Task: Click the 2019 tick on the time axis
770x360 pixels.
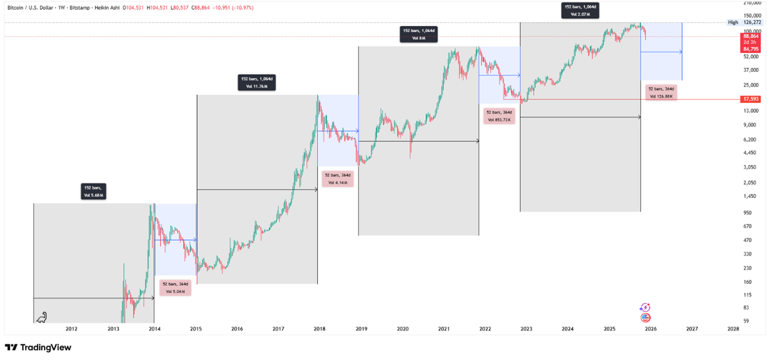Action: coord(360,328)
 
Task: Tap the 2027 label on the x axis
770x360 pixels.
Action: coord(692,328)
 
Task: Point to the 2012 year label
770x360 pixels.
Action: coord(71,328)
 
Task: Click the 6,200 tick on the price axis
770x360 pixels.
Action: coord(750,139)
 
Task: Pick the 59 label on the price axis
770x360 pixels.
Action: coord(746,321)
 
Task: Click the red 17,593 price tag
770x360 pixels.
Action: coord(751,99)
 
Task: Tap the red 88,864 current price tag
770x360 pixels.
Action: coord(751,36)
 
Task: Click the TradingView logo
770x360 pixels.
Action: coord(38,348)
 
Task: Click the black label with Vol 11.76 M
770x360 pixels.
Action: coord(256,82)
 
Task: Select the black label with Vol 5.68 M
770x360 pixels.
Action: coord(93,192)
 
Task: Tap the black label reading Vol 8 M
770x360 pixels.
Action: coord(419,35)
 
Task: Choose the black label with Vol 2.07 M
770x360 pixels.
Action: coord(580,10)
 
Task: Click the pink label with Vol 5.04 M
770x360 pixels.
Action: coord(176,288)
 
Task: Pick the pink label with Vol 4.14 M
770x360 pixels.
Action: coord(338,179)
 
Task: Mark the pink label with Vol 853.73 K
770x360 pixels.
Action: coord(499,116)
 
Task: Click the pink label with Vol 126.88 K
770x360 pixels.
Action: coord(661,92)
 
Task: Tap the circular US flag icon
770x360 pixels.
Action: coord(645,317)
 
